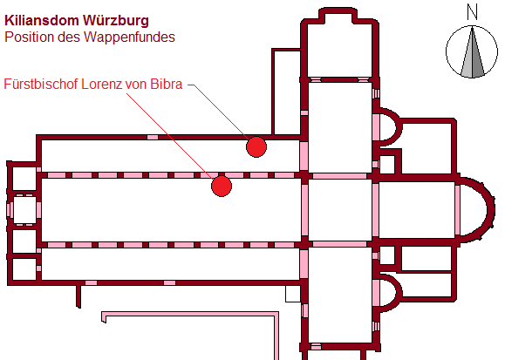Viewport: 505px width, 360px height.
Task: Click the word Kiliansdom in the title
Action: click(x=42, y=20)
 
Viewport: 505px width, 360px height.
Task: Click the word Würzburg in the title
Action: click(x=116, y=20)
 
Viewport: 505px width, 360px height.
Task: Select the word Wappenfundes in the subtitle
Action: click(x=129, y=37)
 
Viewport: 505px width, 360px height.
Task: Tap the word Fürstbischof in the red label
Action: click(x=41, y=84)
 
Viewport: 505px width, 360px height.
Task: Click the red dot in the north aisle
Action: click(x=256, y=146)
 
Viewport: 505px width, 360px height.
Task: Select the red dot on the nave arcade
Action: click(x=222, y=187)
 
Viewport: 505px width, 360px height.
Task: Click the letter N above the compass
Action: click(x=472, y=12)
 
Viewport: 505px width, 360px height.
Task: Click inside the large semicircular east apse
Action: click(x=474, y=210)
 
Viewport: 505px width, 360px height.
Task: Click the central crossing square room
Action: click(x=340, y=210)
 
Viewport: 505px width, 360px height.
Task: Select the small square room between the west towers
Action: click(x=24, y=209)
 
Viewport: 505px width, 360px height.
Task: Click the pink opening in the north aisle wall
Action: click(x=153, y=137)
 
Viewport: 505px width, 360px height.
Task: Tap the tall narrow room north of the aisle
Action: click(x=287, y=92)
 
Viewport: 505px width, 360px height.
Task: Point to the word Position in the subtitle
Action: click(x=30, y=37)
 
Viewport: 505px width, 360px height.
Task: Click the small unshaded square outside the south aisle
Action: click(x=293, y=294)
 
